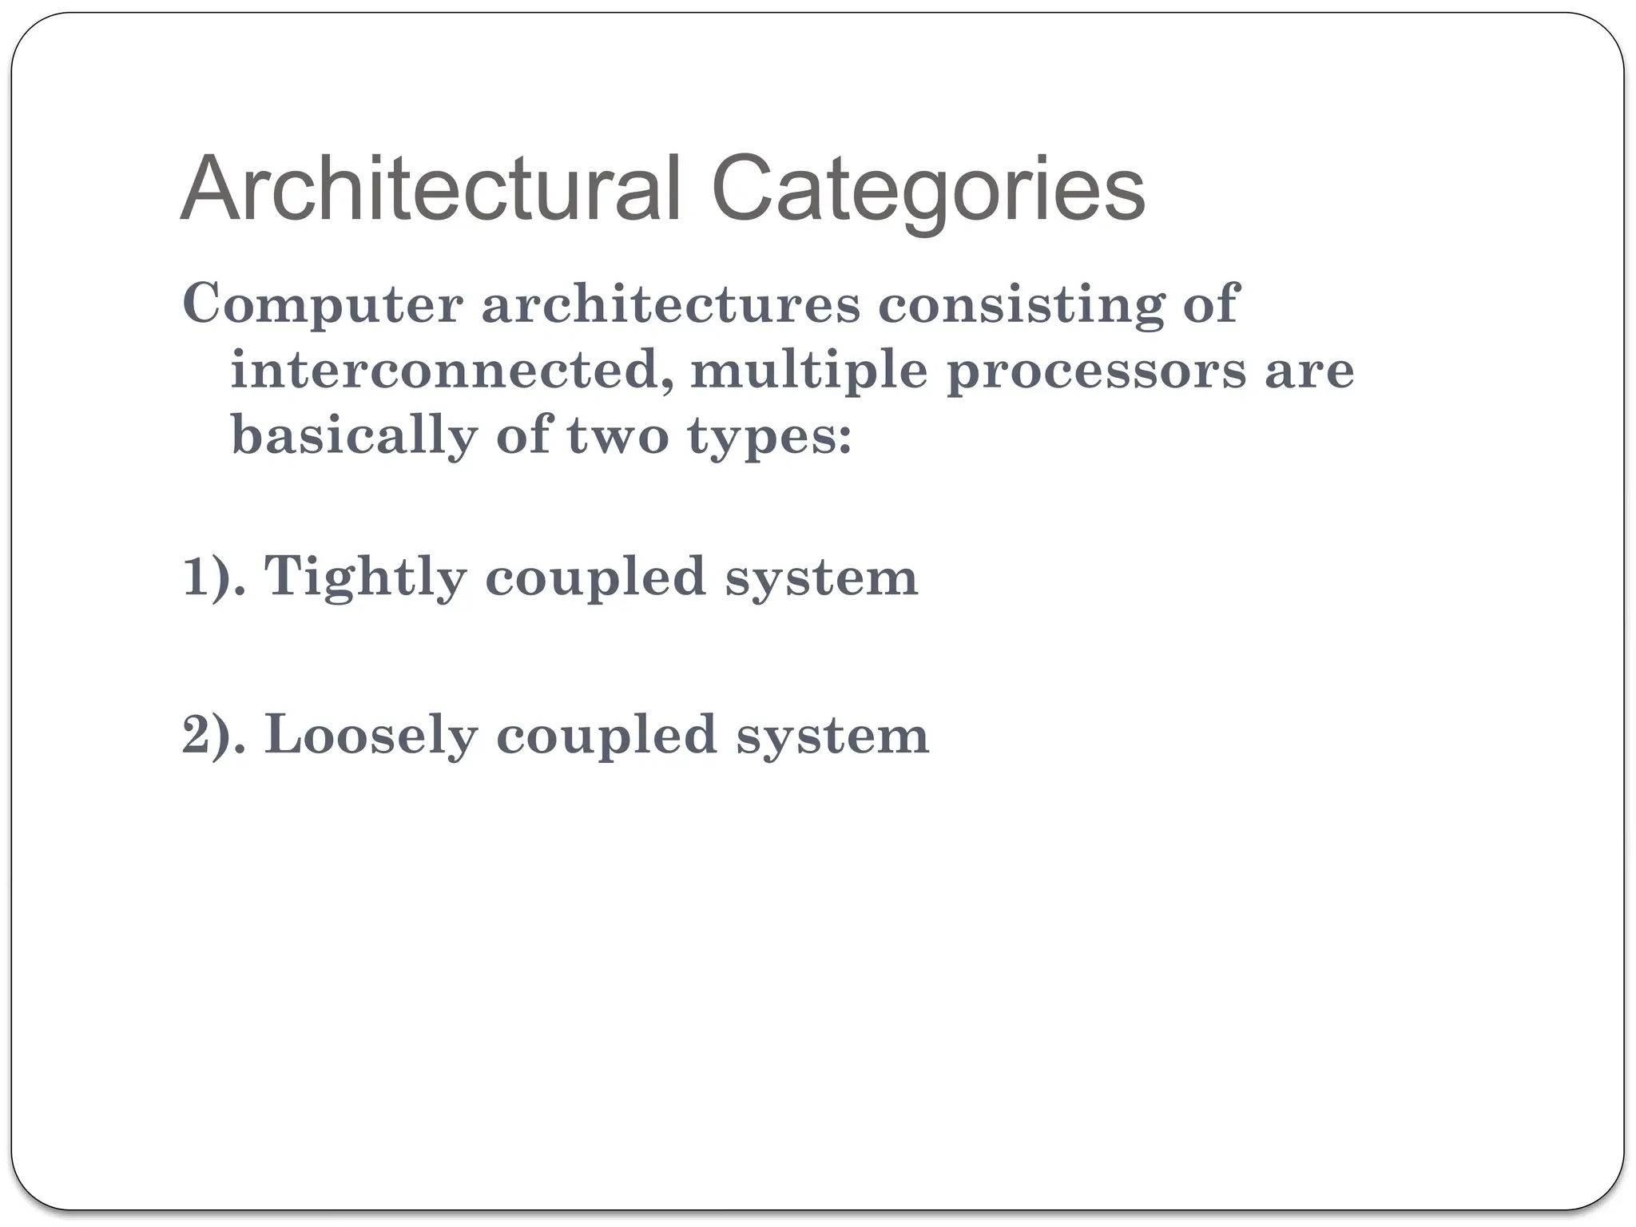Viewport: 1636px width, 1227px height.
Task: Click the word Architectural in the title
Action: (431, 189)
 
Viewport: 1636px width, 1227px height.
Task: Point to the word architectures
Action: (670, 304)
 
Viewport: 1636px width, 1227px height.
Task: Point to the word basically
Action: (354, 438)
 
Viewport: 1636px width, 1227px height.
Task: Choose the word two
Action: (617, 436)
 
